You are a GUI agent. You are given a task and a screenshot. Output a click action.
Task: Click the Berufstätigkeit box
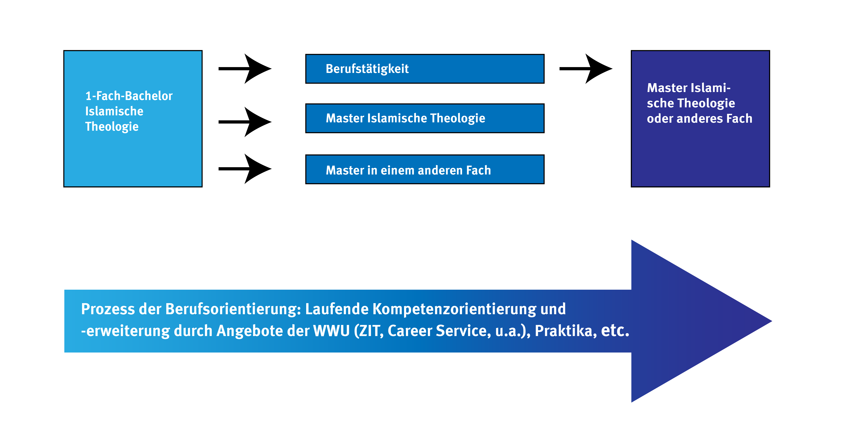[425, 69]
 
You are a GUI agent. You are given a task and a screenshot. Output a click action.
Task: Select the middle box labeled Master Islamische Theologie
[425, 118]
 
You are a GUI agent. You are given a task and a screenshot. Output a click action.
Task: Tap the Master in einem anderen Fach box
[425, 169]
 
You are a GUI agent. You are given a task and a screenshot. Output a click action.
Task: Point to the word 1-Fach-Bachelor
[129, 96]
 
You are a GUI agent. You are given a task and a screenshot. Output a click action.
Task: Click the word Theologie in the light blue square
[112, 127]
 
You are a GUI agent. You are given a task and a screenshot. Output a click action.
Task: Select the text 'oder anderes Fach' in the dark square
[699, 118]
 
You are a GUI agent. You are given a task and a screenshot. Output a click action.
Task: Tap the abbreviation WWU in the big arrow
[331, 331]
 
